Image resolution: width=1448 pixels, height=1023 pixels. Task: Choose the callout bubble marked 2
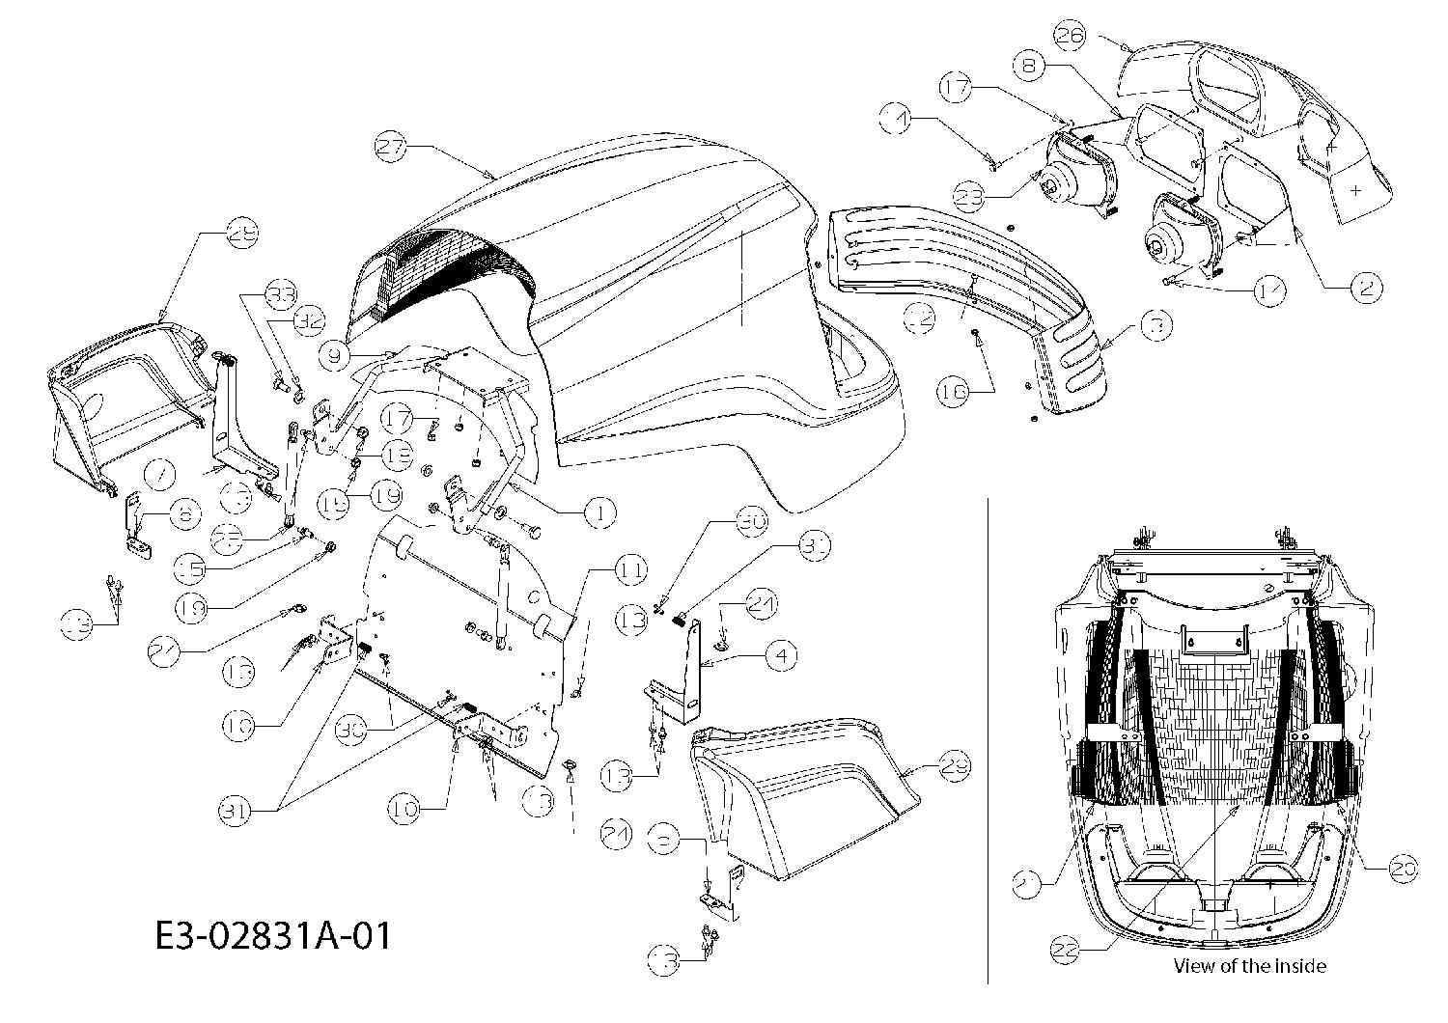click(x=1365, y=287)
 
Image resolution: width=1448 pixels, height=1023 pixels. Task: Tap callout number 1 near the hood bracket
click(x=599, y=512)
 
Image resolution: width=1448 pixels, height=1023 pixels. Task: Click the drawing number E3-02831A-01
click(x=273, y=934)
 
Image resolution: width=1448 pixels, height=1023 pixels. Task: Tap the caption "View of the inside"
click(x=1249, y=965)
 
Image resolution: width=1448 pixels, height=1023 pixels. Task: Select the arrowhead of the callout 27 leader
click(x=496, y=177)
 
